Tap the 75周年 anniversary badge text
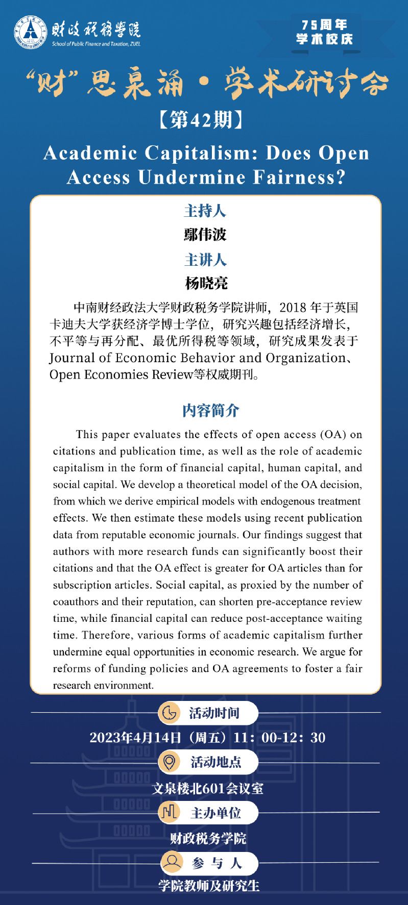[x=324, y=24]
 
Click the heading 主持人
[x=205, y=211]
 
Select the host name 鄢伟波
[x=205, y=235]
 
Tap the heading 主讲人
[x=205, y=260]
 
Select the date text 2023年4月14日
[x=135, y=738]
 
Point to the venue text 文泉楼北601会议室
[x=208, y=788]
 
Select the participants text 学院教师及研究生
[x=209, y=886]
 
